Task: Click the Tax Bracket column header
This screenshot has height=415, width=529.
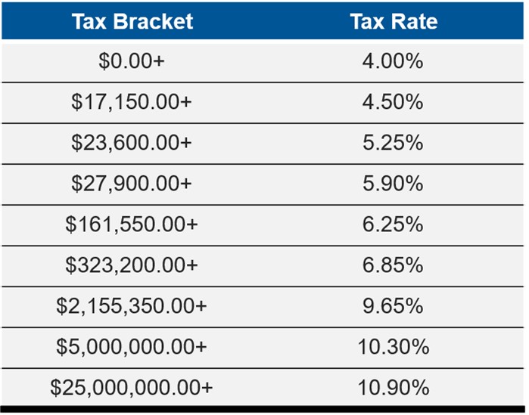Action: pos(132,20)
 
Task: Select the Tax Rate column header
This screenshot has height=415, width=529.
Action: pos(394,20)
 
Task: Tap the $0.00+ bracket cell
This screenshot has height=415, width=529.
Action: pos(132,61)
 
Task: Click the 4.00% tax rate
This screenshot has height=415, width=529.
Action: pos(394,61)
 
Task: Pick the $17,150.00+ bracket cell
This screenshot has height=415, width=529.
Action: pos(132,102)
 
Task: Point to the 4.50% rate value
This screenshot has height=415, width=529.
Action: pos(394,102)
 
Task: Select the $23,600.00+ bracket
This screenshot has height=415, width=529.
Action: pos(132,143)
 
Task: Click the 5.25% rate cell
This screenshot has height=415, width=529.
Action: pos(394,143)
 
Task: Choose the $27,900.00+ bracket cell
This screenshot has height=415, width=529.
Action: pos(132,184)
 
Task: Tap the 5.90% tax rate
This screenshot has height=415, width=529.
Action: pos(394,184)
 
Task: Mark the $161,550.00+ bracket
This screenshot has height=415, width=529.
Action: pos(132,225)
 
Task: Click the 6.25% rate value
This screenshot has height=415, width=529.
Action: pos(394,225)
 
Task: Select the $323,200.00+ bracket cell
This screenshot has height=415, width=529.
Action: pos(132,265)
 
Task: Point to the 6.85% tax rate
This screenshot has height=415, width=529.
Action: pos(394,265)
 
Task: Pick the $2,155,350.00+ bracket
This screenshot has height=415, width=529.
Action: pos(132,306)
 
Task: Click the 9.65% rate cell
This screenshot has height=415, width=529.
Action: pos(394,306)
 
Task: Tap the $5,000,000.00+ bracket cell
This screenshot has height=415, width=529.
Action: pos(132,347)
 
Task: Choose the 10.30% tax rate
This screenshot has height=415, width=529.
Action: pos(394,347)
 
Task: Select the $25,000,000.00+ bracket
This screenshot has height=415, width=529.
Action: pos(132,388)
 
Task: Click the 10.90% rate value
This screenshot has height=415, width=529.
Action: pos(394,388)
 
